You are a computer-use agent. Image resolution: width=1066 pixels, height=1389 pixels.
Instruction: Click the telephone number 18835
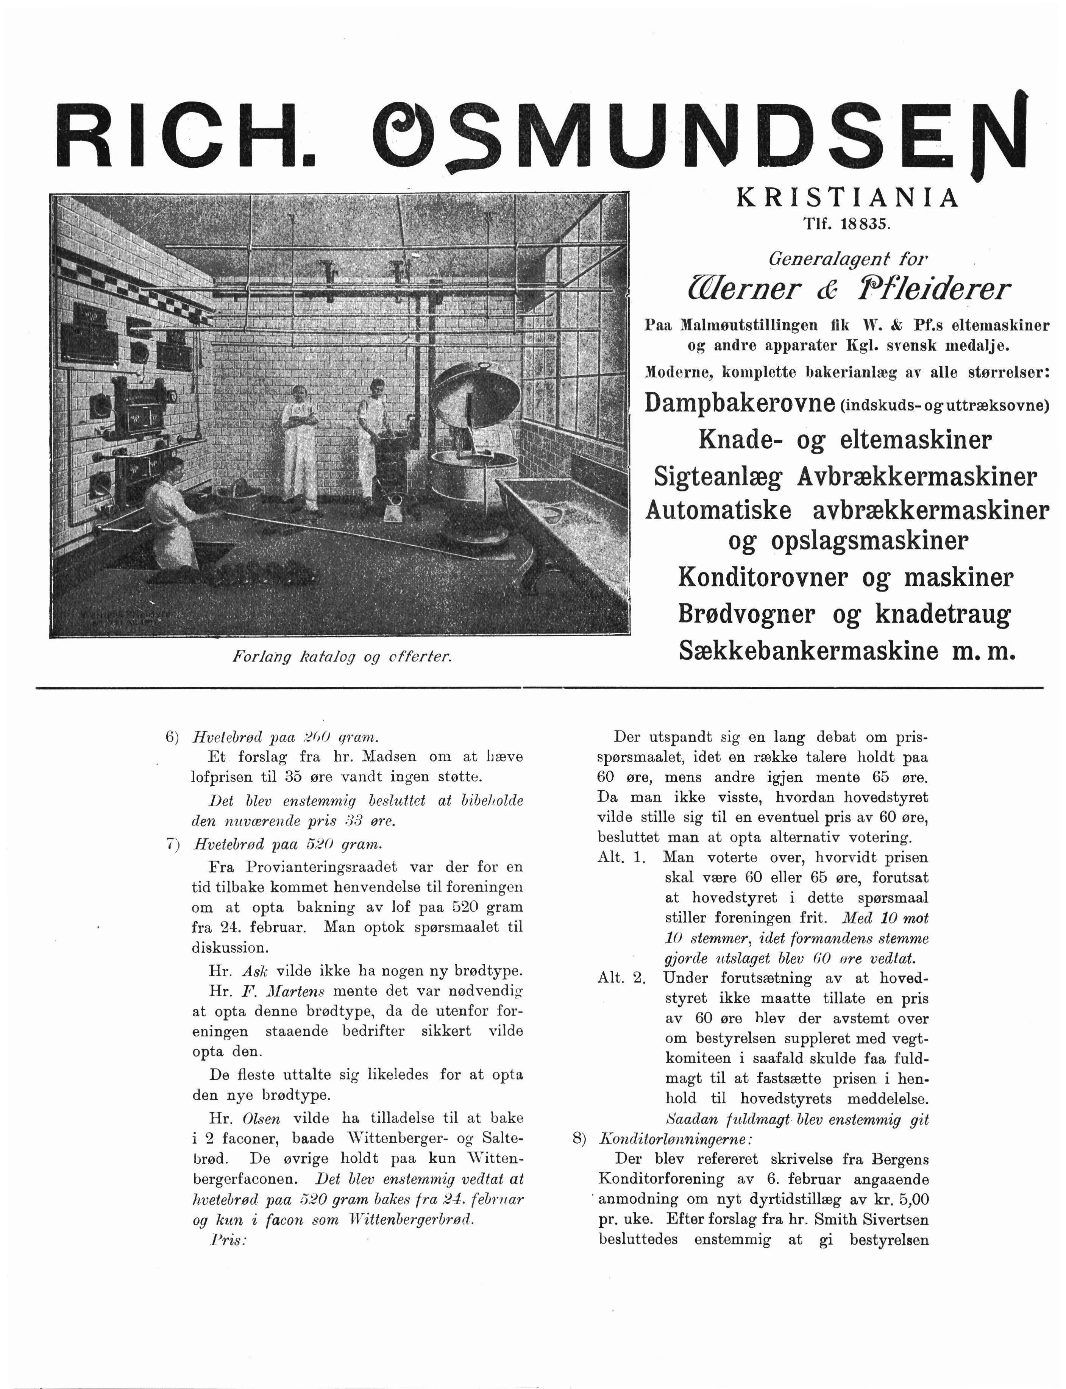click(x=866, y=224)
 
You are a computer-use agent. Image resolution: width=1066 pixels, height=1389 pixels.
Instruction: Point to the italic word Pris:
click(x=227, y=1239)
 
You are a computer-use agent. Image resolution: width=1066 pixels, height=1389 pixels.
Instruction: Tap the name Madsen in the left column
click(x=388, y=756)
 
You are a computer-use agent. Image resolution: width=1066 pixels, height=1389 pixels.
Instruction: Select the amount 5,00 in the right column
click(x=910, y=1199)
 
